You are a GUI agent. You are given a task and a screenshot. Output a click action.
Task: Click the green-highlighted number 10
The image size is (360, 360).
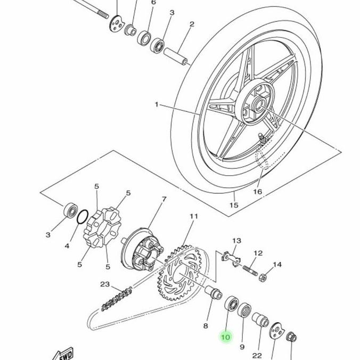click(x=225, y=337)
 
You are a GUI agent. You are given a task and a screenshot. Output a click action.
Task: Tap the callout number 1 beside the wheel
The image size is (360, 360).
click(x=157, y=105)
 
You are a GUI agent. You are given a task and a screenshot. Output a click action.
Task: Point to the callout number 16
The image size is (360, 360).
click(x=257, y=192)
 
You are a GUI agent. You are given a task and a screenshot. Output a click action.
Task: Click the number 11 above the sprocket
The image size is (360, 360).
click(x=193, y=216)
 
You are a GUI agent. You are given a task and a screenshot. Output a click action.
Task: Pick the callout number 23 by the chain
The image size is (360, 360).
click(x=105, y=284)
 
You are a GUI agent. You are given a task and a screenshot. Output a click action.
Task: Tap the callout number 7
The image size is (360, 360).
click(x=163, y=199)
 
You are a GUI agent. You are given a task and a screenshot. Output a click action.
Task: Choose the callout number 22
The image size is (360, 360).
click(x=258, y=356)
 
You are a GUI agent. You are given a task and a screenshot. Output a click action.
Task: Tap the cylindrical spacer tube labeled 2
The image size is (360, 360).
click(x=176, y=56)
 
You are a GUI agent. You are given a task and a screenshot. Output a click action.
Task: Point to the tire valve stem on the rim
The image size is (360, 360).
click(x=261, y=139)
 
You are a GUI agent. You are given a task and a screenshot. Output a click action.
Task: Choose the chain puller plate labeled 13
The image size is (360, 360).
click(x=231, y=256)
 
